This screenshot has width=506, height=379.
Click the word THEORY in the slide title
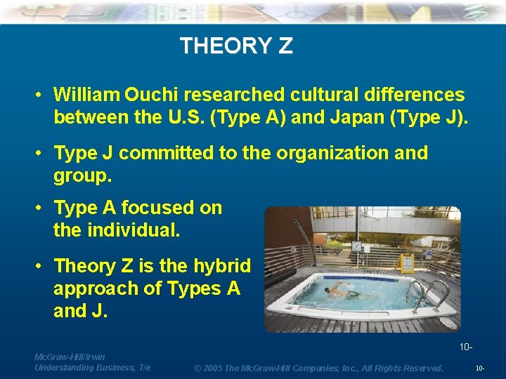225,46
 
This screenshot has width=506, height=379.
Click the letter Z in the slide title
285,46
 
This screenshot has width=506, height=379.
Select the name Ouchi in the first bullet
153,94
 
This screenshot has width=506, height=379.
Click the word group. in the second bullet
82,175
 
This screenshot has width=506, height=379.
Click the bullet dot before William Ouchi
40,94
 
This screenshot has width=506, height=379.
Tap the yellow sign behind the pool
406,263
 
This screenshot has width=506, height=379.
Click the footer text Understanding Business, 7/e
92,368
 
